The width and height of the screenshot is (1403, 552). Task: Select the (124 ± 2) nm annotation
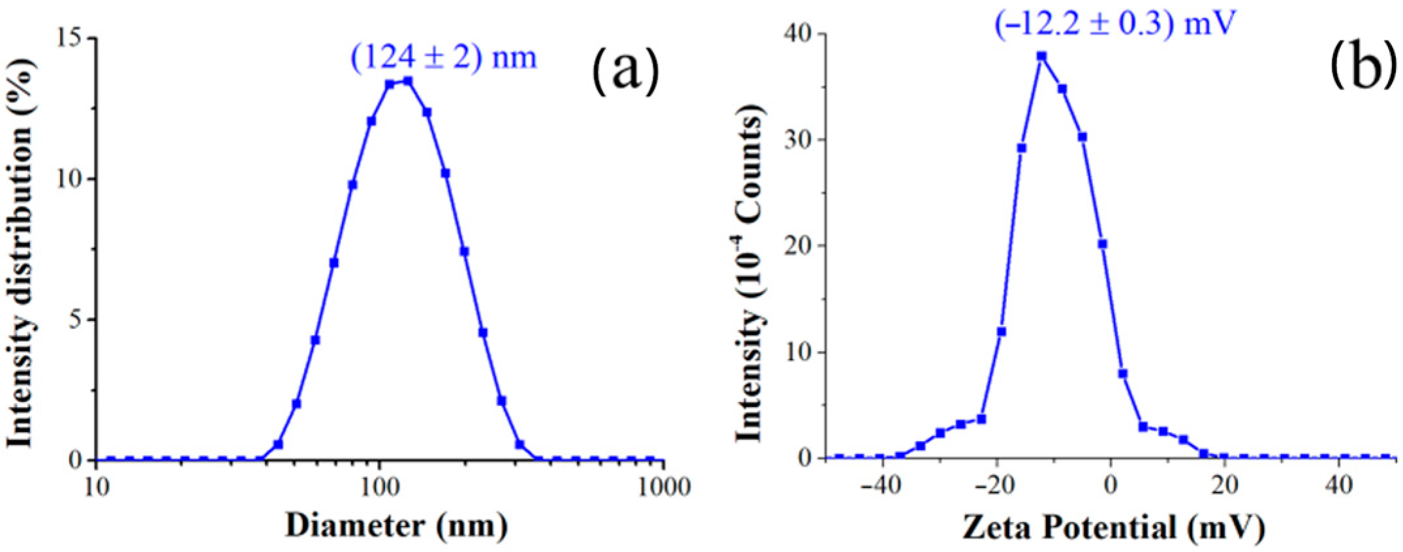tap(444, 58)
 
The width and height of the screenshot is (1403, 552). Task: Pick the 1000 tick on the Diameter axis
tap(664, 487)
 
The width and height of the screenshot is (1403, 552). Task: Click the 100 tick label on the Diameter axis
tap(380, 487)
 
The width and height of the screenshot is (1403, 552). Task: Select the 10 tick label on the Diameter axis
tap(97, 487)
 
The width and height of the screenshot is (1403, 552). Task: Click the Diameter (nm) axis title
tap(396, 526)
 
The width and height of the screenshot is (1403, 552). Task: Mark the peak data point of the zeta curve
tap(1041, 56)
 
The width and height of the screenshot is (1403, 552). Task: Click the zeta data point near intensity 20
tap(1102, 244)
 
